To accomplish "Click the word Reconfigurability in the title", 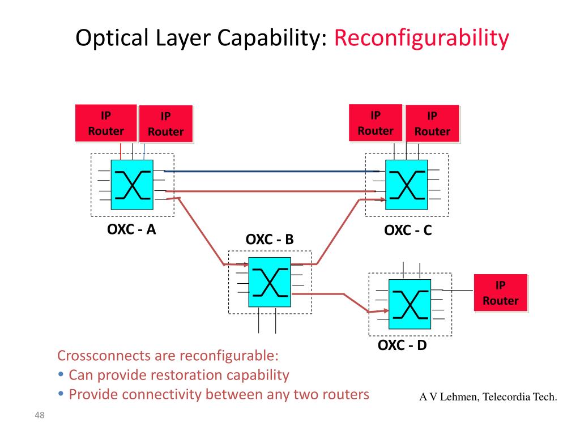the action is (421, 38).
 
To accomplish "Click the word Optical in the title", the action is (112, 38).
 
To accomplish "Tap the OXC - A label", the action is (131, 229).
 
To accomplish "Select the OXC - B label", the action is (270, 240).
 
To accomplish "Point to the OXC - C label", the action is (408, 230).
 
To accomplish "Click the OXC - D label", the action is (402, 345).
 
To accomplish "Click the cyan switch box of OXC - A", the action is (132, 185).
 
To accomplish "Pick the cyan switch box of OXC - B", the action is (270, 282).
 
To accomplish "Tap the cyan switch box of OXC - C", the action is (407, 185).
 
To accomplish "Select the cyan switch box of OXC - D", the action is (410, 304).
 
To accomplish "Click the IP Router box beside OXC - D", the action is (501, 293).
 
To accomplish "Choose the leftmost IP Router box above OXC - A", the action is (106, 123).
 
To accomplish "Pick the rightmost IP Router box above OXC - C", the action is (432, 123).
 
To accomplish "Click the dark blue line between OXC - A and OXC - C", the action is (271, 171).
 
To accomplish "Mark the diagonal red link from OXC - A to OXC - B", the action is (202, 232).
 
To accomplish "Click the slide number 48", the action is (40, 415).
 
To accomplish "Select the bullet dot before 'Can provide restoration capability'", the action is (61, 374).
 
